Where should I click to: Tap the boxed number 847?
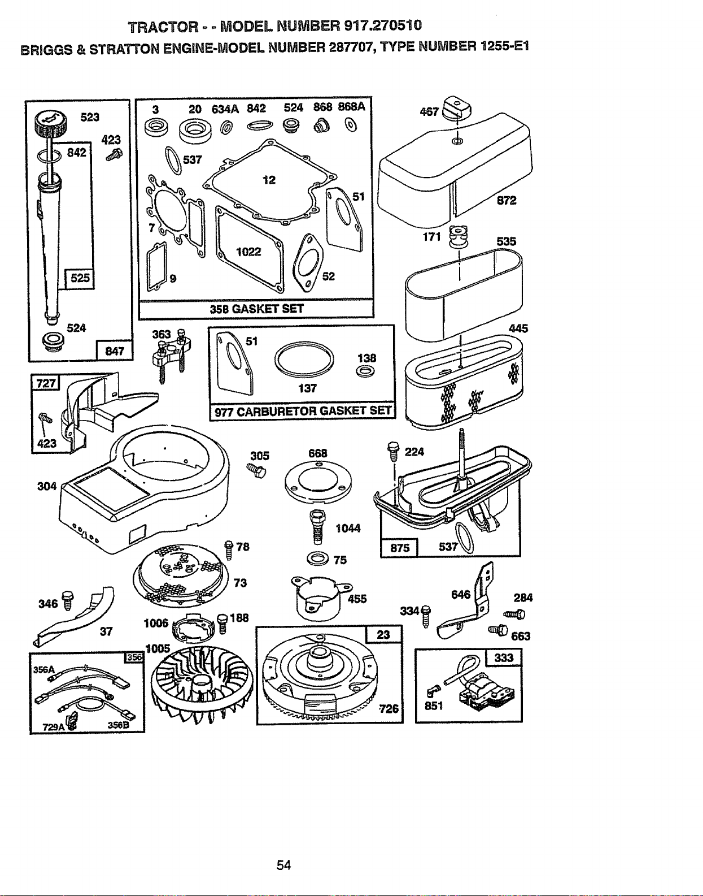[x=114, y=351]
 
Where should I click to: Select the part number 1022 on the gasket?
[x=248, y=252]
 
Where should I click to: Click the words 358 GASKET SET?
[x=256, y=309]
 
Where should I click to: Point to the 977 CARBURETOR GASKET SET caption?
[x=303, y=411]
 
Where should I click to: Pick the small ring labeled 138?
[x=365, y=372]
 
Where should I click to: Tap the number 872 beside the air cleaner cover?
[x=506, y=200]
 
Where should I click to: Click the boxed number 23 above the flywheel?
[x=383, y=634]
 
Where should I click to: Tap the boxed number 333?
[x=504, y=657]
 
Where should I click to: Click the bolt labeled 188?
[x=222, y=622]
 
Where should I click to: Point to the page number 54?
[x=284, y=865]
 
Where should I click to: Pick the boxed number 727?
[x=46, y=383]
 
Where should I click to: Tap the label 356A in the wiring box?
[x=44, y=669]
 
